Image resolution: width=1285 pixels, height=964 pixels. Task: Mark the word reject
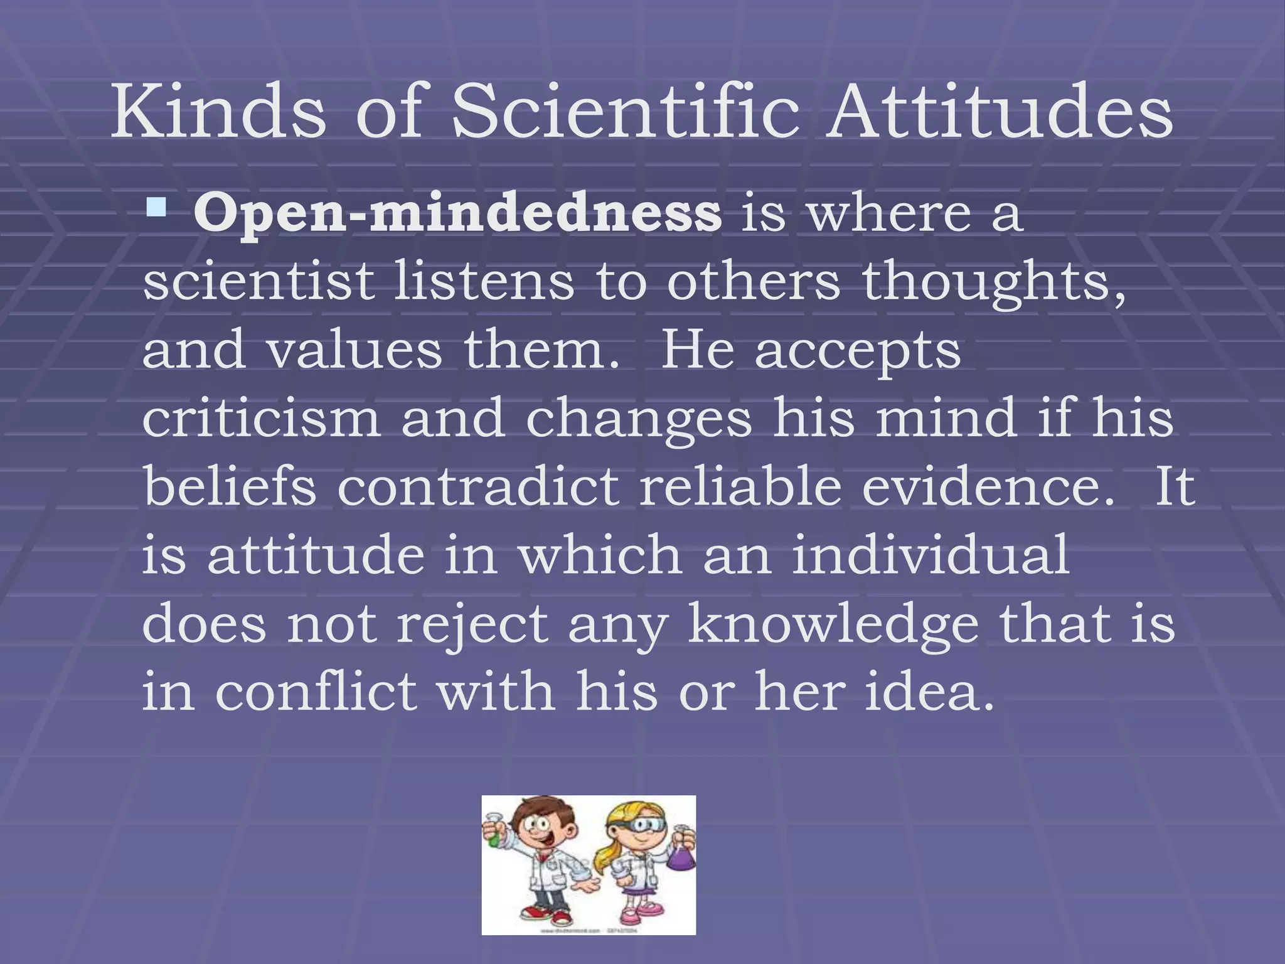(x=472, y=625)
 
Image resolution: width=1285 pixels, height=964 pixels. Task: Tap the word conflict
(x=316, y=692)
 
